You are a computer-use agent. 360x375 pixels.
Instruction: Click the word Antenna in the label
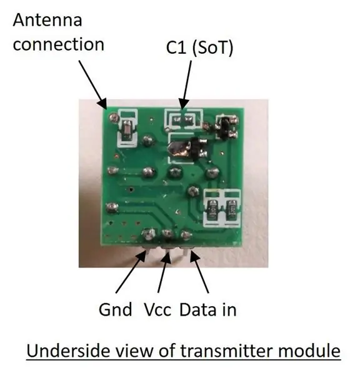(x=47, y=20)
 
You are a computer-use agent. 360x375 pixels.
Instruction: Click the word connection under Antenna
(x=59, y=44)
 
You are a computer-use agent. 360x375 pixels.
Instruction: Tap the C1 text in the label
(x=176, y=47)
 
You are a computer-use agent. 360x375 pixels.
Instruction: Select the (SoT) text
(x=212, y=48)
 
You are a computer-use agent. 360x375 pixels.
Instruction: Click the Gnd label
(x=115, y=309)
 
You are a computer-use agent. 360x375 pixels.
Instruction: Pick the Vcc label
(x=157, y=310)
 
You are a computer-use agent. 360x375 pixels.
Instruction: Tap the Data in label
(x=208, y=309)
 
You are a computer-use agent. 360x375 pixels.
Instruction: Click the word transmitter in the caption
(x=226, y=351)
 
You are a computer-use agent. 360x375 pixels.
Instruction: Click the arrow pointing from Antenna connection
(x=93, y=85)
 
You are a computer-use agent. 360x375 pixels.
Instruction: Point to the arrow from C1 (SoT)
(x=186, y=85)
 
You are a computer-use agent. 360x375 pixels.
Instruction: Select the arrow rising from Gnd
(x=131, y=271)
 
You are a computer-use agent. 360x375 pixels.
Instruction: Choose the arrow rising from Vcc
(x=164, y=272)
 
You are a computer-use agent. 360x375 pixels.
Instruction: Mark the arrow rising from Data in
(x=199, y=271)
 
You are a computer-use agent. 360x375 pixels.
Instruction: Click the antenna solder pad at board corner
(x=113, y=117)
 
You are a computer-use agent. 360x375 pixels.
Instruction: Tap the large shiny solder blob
(x=179, y=149)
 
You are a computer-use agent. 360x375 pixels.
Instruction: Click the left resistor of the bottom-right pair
(x=212, y=210)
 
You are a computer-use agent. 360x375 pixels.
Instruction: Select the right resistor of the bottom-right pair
(x=231, y=210)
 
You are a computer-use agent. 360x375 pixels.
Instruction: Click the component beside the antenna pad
(x=127, y=131)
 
